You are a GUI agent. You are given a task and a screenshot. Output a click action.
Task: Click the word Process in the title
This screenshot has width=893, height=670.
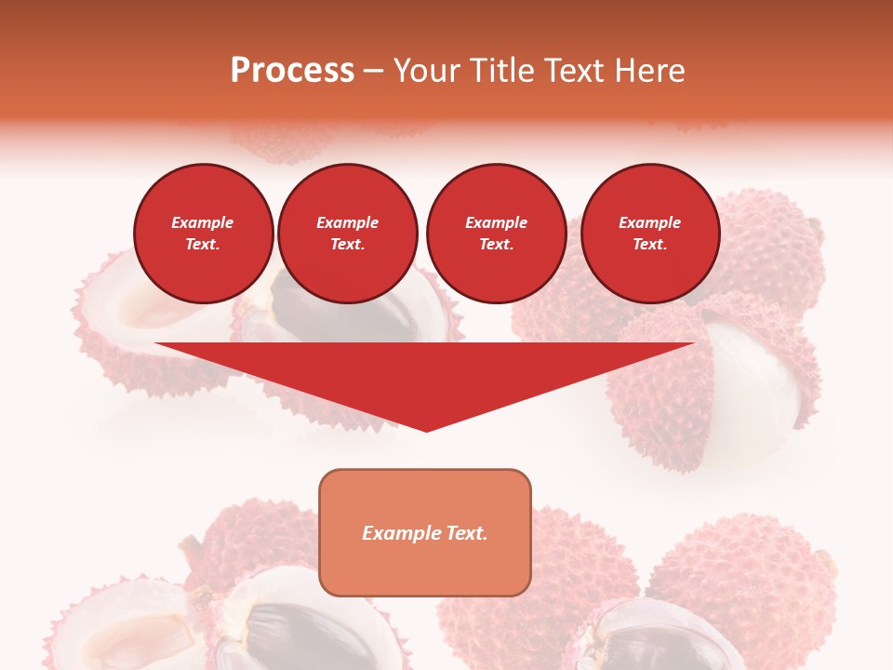point(292,70)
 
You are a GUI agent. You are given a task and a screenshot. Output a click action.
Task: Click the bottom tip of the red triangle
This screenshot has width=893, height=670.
point(426,429)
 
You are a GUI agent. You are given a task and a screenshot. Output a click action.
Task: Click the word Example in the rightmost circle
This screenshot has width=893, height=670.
point(649,222)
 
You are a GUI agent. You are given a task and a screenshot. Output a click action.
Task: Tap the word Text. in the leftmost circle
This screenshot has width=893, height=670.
point(203,245)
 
